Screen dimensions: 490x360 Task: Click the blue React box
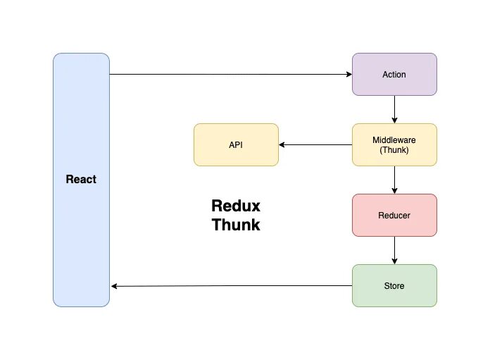coord(81,180)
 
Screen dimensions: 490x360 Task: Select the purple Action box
coord(394,74)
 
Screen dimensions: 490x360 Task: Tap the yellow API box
coord(236,145)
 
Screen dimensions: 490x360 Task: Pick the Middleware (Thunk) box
coord(394,145)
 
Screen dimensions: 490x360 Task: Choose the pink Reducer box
coord(394,215)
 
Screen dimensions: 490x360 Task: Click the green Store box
coord(394,285)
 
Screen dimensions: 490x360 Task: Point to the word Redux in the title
coord(236,206)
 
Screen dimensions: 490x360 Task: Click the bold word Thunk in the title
coord(236,225)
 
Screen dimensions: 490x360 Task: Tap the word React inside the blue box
coord(81,179)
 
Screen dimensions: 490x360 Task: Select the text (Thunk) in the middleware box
coord(394,150)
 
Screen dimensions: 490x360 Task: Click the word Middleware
coord(394,139)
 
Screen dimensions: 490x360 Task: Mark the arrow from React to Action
coord(231,74)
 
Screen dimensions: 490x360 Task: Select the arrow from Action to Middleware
coord(394,109)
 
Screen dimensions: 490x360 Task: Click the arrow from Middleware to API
coord(315,145)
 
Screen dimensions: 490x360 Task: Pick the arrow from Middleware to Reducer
coord(394,180)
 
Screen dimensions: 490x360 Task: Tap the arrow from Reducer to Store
coord(394,250)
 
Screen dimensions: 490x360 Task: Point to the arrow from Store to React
coord(232,286)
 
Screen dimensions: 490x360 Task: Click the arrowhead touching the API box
coord(282,145)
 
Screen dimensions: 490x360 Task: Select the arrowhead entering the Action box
coord(349,74)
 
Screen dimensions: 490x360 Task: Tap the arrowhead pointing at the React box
coord(114,286)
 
